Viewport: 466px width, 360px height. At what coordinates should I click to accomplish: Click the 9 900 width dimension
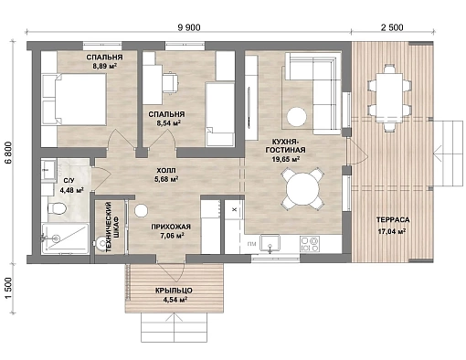coord(188,27)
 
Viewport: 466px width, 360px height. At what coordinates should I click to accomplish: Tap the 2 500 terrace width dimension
coord(392,27)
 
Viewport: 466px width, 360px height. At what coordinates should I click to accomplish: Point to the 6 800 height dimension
coord(8,153)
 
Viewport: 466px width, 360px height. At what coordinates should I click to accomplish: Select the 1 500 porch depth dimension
coord(8,289)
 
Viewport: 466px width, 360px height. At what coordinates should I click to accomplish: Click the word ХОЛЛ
coord(166,171)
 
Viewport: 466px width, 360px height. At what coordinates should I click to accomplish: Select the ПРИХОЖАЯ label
coord(171,227)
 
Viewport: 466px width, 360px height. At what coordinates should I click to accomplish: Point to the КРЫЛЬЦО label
coord(174,291)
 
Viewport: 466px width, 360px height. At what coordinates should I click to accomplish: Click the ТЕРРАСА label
coord(393,220)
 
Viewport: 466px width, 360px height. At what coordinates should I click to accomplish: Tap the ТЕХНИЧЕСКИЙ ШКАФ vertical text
coord(111,227)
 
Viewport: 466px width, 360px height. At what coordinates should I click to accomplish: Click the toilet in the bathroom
coord(57,208)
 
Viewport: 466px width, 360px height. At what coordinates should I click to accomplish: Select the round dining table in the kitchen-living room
coord(302,189)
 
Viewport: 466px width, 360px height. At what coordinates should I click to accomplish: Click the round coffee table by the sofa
coord(296,117)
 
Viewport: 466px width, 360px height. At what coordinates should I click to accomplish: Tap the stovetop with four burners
coord(310,244)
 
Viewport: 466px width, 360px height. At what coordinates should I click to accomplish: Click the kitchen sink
coord(270,243)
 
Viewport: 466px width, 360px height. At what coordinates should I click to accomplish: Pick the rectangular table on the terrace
coord(390,98)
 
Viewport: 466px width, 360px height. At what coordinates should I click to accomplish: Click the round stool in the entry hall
coord(142,210)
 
